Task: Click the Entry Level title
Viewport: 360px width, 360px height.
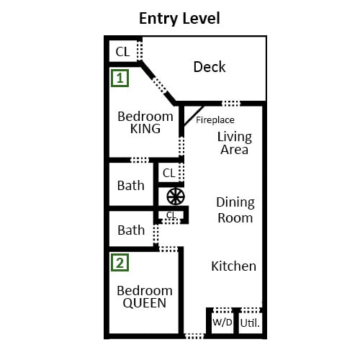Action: click(x=179, y=19)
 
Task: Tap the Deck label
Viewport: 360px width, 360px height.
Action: click(x=210, y=67)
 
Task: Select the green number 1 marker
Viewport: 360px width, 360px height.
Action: click(x=120, y=78)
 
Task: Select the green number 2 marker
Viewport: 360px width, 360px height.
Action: click(x=120, y=263)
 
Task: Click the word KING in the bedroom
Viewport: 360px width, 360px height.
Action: click(x=145, y=129)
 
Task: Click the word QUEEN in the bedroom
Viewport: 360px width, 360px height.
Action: click(x=145, y=303)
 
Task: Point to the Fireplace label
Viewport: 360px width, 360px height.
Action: click(x=215, y=120)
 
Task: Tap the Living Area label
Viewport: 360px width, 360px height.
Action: click(x=235, y=143)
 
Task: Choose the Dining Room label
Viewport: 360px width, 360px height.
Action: click(x=235, y=210)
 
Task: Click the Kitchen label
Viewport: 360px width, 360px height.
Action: click(x=233, y=266)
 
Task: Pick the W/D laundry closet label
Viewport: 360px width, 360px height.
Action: click(x=222, y=323)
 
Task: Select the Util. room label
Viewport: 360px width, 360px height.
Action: click(x=250, y=323)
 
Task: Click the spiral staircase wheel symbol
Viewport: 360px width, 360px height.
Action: click(x=176, y=197)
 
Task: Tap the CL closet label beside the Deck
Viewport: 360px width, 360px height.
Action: click(x=122, y=52)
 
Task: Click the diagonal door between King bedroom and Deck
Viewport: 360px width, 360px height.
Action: click(x=160, y=85)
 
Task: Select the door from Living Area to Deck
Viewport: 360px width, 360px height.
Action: click(x=230, y=104)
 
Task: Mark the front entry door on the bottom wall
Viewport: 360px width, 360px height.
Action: click(x=194, y=336)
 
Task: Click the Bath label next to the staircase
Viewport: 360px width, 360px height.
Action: click(x=131, y=186)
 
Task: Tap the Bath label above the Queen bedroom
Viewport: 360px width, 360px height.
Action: click(x=131, y=230)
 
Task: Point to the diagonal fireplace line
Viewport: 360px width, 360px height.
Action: click(x=194, y=116)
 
